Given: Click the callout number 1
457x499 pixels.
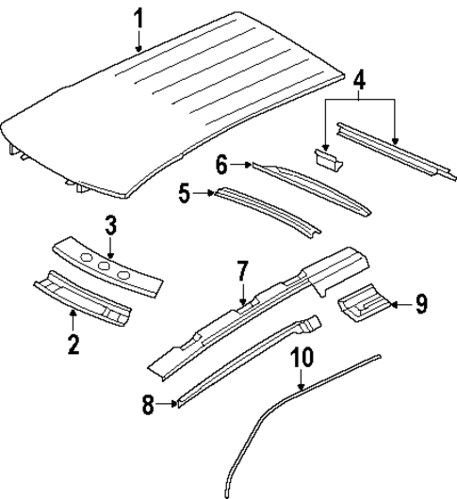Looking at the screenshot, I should pos(139,18).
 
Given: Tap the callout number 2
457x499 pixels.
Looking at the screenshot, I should pos(73,344).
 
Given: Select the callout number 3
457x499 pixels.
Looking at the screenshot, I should pos(110,225).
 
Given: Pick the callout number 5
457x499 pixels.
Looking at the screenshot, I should pos(186,194).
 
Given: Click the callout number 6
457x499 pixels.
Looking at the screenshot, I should pos(223,166).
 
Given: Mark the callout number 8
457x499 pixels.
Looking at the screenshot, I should pos(148,406).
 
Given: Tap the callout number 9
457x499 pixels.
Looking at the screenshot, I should pos(421,303).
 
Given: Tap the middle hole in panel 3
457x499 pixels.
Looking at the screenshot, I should pos(105,261).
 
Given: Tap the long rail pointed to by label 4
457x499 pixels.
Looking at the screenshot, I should pos(396,143).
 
